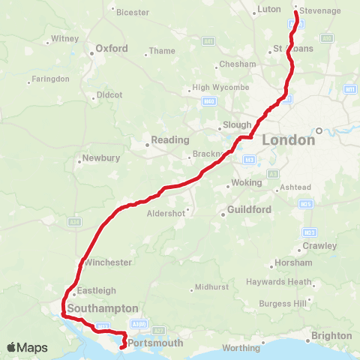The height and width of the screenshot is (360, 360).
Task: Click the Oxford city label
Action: coord(111,49)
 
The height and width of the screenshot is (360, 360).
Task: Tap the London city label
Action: coord(289,140)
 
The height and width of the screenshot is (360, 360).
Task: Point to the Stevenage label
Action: coord(319,10)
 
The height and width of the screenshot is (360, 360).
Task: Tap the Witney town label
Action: coord(64,38)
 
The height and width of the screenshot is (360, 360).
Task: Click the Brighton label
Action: coord(331,335)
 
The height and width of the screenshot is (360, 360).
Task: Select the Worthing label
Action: coord(241,347)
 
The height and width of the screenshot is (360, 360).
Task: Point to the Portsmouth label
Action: coord(156,343)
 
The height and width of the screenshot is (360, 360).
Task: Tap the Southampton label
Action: coord(103,308)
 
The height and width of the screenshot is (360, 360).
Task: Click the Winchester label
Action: coord(108,262)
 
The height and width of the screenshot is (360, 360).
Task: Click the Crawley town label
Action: coord(319,246)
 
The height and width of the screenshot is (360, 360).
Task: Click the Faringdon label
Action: coord(51,79)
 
